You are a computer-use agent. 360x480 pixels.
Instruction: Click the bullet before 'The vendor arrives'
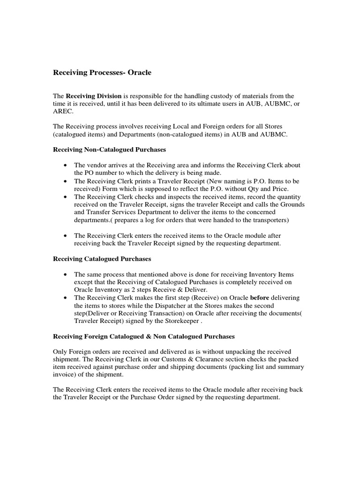64,165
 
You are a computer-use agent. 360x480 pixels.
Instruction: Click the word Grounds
292,204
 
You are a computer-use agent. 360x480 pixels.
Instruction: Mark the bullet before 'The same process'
64,274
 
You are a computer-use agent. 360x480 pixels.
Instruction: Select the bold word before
261,298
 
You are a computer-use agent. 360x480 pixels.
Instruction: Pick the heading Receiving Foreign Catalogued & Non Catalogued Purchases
143,337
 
